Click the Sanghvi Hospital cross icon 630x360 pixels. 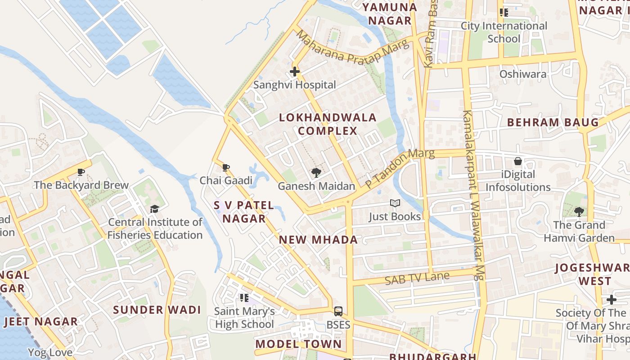pos(295,72)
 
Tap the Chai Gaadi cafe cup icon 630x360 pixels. pos(226,168)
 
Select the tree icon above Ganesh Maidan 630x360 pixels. pos(316,173)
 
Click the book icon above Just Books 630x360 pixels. pos(395,203)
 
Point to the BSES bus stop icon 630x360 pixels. pos(338,311)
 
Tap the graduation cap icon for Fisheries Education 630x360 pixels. pos(155,209)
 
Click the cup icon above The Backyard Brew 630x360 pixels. pos(81,172)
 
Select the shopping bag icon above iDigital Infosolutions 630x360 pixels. pos(518,161)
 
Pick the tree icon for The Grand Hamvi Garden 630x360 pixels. pos(579,211)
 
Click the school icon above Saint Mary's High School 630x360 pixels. pos(244,297)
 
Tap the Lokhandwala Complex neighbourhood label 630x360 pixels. pos(328,124)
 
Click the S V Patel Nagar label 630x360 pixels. pos(243,212)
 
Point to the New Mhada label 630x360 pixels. pos(318,239)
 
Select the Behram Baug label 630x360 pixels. pos(553,122)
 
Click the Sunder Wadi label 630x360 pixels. pos(157,310)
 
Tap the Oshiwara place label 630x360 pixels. pos(523,74)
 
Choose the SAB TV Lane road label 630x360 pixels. pos(417,278)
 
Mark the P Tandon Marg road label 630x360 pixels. pos(400,168)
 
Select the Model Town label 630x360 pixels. pos(298,344)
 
